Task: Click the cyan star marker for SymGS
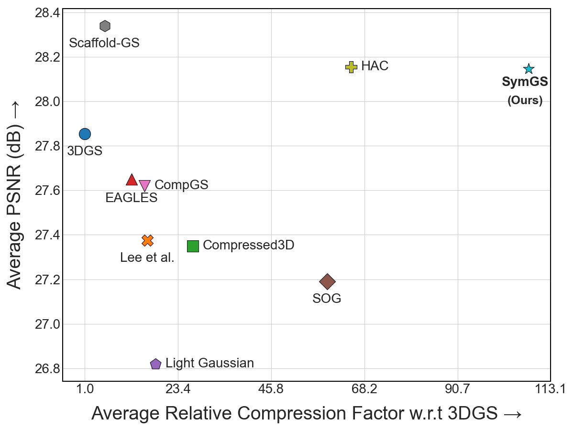(x=529, y=69)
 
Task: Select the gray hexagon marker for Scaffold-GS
(x=105, y=26)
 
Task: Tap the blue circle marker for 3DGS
(x=85, y=134)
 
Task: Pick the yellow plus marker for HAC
(x=351, y=67)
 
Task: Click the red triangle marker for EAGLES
(x=132, y=180)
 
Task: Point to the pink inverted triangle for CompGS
(x=144, y=186)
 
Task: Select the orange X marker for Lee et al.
(x=147, y=240)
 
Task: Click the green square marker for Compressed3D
(x=193, y=246)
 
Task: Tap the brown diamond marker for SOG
(x=327, y=282)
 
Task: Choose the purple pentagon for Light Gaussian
(x=155, y=364)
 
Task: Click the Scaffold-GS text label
(x=104, y=43)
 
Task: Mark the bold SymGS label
(x=525, y=82)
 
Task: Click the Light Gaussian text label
(x=210, y=363)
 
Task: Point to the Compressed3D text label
(x=248, y=245)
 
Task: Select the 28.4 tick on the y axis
(x=47, y=12)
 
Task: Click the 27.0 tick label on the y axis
(x=47, y=324)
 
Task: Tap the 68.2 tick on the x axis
(x=364, y=390)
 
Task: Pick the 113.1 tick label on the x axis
(x=551, y=390)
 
